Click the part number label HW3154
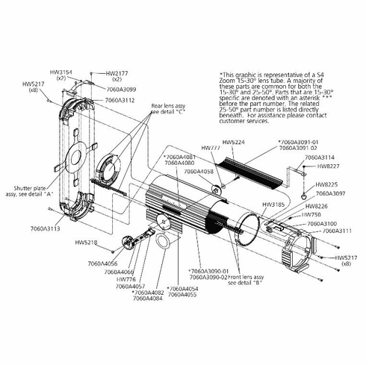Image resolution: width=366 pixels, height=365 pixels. coord(59,72)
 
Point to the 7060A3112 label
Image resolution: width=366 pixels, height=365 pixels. coord(120,99)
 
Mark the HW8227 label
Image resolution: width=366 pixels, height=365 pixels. coord(327,166)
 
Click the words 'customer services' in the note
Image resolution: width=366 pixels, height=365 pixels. coord(246,121)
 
